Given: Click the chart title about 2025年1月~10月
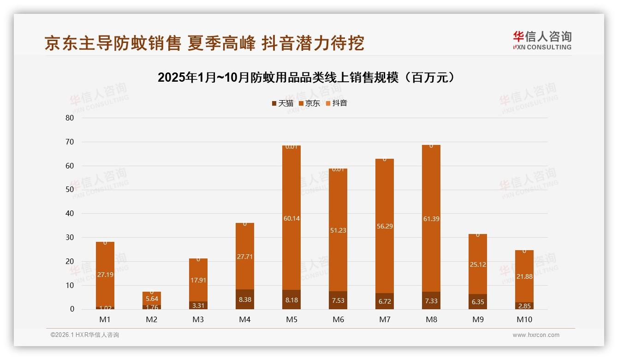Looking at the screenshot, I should click(x=307, y=78).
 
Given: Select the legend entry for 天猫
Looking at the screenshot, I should click(x=282, y=103).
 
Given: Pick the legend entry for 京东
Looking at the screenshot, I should click(x=309, y=103).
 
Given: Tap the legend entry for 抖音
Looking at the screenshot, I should click(x=336, y=103).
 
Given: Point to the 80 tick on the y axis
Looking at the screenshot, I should click(x=70, y=118).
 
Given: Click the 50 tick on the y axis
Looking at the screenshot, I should click(x=70, y=190).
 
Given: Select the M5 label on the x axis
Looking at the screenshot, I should click(x=291, y=319).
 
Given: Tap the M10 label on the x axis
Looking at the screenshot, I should click(x=524, y=319).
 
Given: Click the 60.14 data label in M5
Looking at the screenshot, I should click(x=291, y=218).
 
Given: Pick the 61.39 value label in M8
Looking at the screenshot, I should click(x=431, y=219).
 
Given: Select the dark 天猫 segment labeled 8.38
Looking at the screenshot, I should click(x=245, y=299).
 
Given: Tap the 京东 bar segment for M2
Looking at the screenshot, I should click(x=152, y=299).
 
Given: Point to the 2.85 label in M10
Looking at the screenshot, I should click(x=524, y=306).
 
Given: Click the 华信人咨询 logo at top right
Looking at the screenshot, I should click(x=542, y=40).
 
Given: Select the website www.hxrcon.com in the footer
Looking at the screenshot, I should click(x=536, y=335).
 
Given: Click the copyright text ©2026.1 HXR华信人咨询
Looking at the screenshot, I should click(x=85, y=335).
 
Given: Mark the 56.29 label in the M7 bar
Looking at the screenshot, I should click(x=385, y=226).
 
